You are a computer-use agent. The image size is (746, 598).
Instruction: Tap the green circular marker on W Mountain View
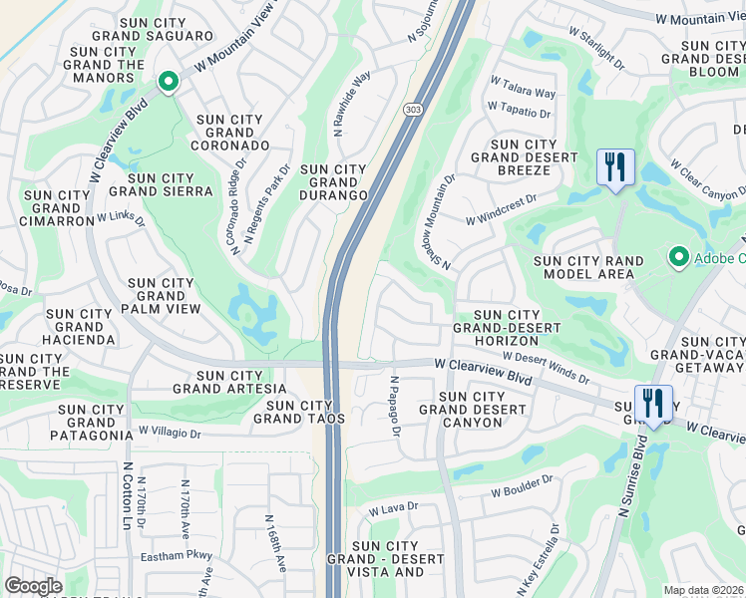point(169,82)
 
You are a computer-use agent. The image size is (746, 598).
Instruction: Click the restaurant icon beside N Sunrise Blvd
point(653,404)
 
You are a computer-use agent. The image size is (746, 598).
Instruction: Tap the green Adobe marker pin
point(679,258)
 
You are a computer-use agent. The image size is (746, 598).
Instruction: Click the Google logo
point(33,586)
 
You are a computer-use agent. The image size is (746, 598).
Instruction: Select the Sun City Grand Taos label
point(304,412)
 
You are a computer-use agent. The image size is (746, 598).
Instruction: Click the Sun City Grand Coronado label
point(230,132)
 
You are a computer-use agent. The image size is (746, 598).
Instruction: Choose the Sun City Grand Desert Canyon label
point(473,410)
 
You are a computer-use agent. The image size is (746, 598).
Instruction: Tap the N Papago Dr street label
point(395,405)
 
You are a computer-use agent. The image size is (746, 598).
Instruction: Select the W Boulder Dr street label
point(522,485)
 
